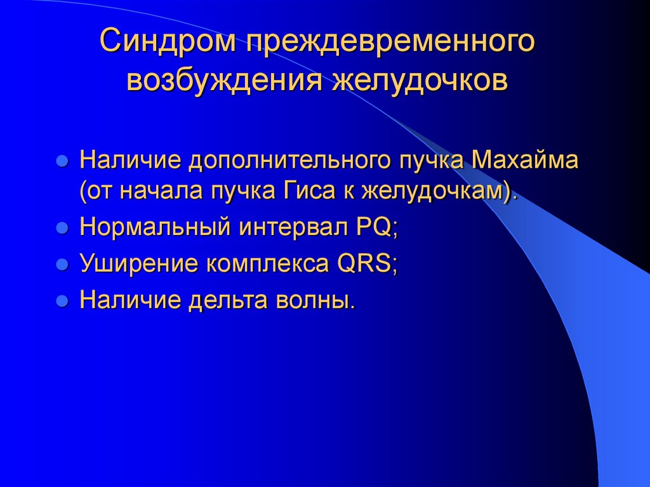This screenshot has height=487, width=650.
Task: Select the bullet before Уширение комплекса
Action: (62, 265)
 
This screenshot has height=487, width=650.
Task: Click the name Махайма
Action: (525, 159)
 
